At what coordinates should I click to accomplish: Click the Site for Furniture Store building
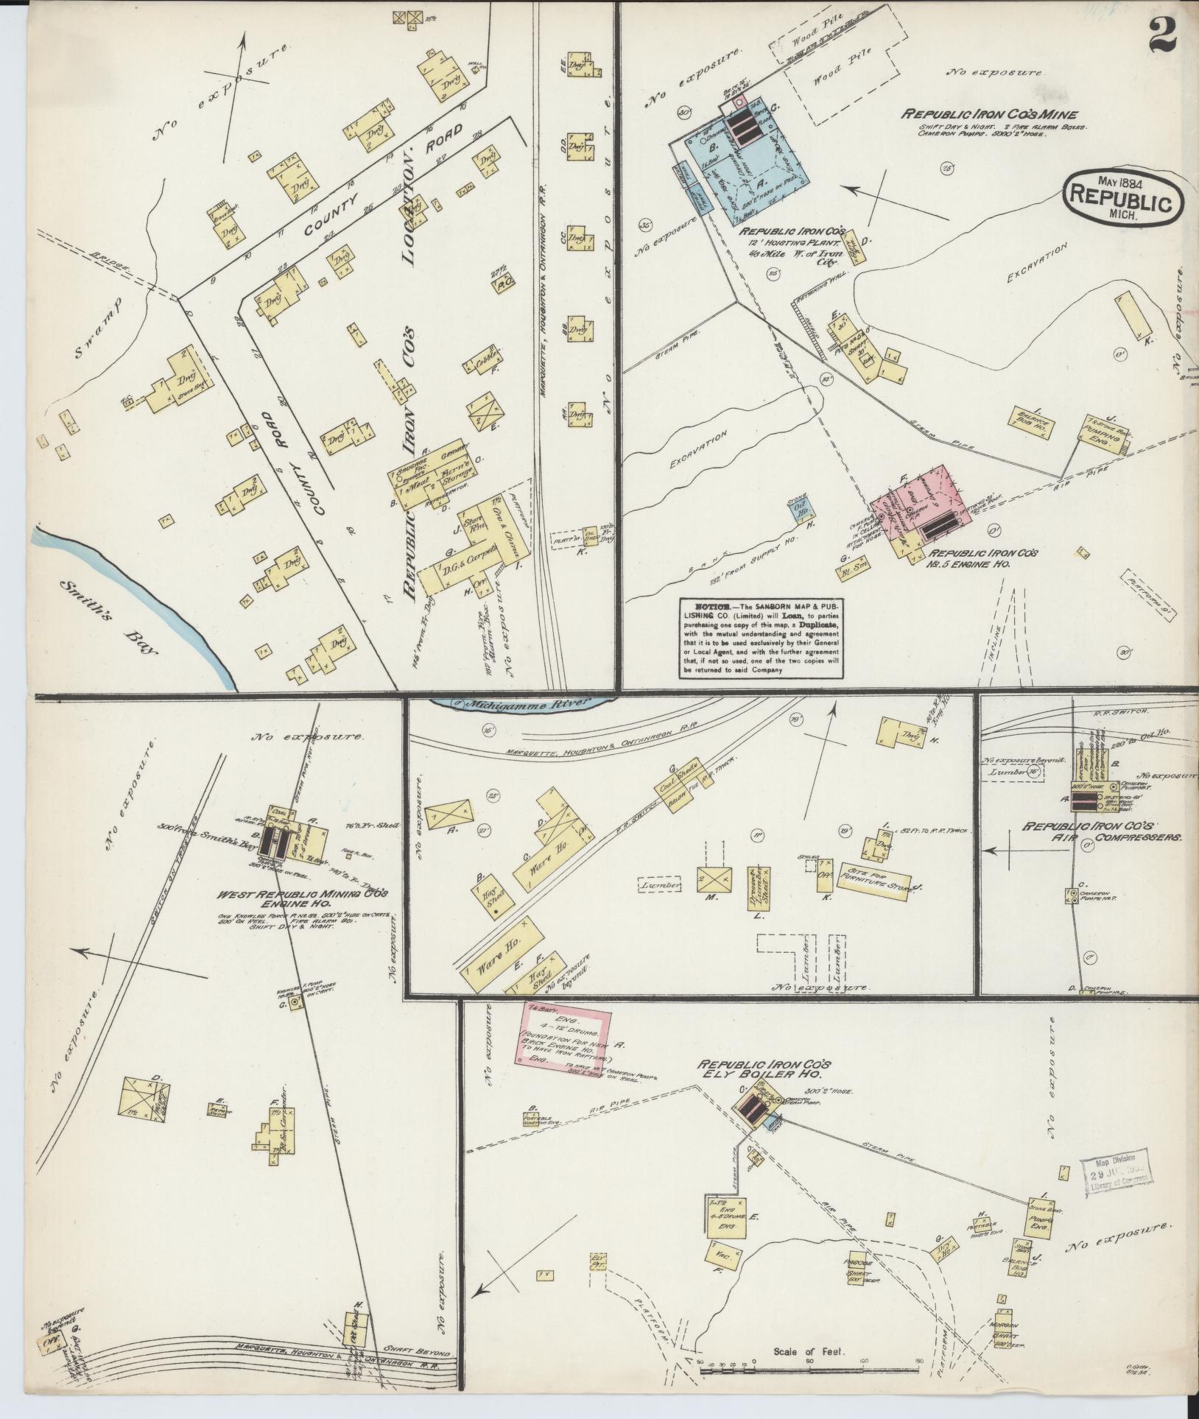pos(874,873)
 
